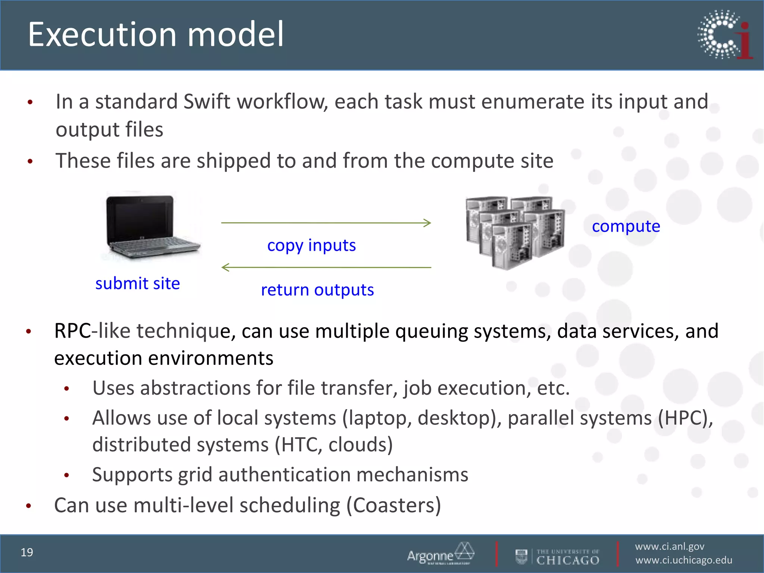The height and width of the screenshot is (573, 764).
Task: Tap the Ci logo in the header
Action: pos(725,35)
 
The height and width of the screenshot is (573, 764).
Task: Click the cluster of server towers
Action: pos(515,231)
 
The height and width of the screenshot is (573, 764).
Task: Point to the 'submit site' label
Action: pos(138,284)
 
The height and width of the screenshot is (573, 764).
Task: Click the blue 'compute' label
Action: pos(626,226)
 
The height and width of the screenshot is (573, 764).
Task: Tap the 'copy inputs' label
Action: pos(311,245)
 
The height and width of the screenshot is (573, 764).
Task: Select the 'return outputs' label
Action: pos(317,290)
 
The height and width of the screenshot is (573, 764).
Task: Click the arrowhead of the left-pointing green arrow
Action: pos(225,267)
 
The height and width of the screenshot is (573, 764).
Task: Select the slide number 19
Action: pos(27,552)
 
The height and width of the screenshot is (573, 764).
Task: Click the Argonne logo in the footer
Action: pos(440,554)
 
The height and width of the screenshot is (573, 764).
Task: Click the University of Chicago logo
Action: pos(558,557)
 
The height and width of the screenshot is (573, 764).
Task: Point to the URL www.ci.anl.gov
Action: pos(670,547)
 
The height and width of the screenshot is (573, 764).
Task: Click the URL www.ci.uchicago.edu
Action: pos(683,560)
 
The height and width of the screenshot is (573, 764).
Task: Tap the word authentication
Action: pos(285,475)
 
